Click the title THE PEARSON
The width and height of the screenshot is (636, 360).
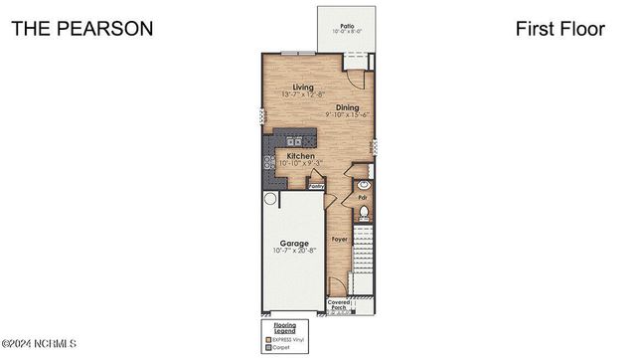tap(82, 29)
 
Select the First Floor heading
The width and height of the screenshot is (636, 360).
tap(559, 29)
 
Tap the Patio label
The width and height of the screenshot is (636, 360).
tap(347, 26)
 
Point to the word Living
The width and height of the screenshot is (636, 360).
tap(290, 87)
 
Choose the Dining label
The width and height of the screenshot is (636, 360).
tap(347, 107)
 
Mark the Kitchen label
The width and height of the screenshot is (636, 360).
tap(301, 156)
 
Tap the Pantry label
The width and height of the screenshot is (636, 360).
tap(317, 186)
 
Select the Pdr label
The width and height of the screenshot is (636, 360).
tap(363, 197)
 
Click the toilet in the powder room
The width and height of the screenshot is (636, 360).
tap(364, 212)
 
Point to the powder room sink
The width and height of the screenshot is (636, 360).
tap(364, 184)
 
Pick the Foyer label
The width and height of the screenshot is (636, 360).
tap(340, 240)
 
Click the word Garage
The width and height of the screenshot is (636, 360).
tap(293, 243)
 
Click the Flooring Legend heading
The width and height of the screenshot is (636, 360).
tap(278, 327)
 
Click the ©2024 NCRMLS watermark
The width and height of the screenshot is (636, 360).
tap(40, 344)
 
